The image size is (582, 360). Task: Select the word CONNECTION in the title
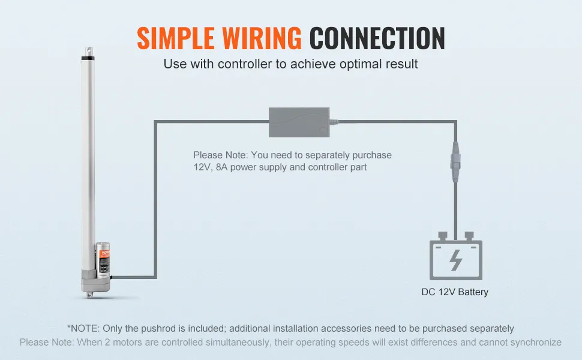[377, 38]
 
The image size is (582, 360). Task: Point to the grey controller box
[299, 120]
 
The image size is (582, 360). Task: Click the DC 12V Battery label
[455, 292]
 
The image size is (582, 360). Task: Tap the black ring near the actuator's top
[88, 58]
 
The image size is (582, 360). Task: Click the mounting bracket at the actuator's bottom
[89, 292]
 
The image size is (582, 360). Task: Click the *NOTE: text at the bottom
[83, 328]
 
